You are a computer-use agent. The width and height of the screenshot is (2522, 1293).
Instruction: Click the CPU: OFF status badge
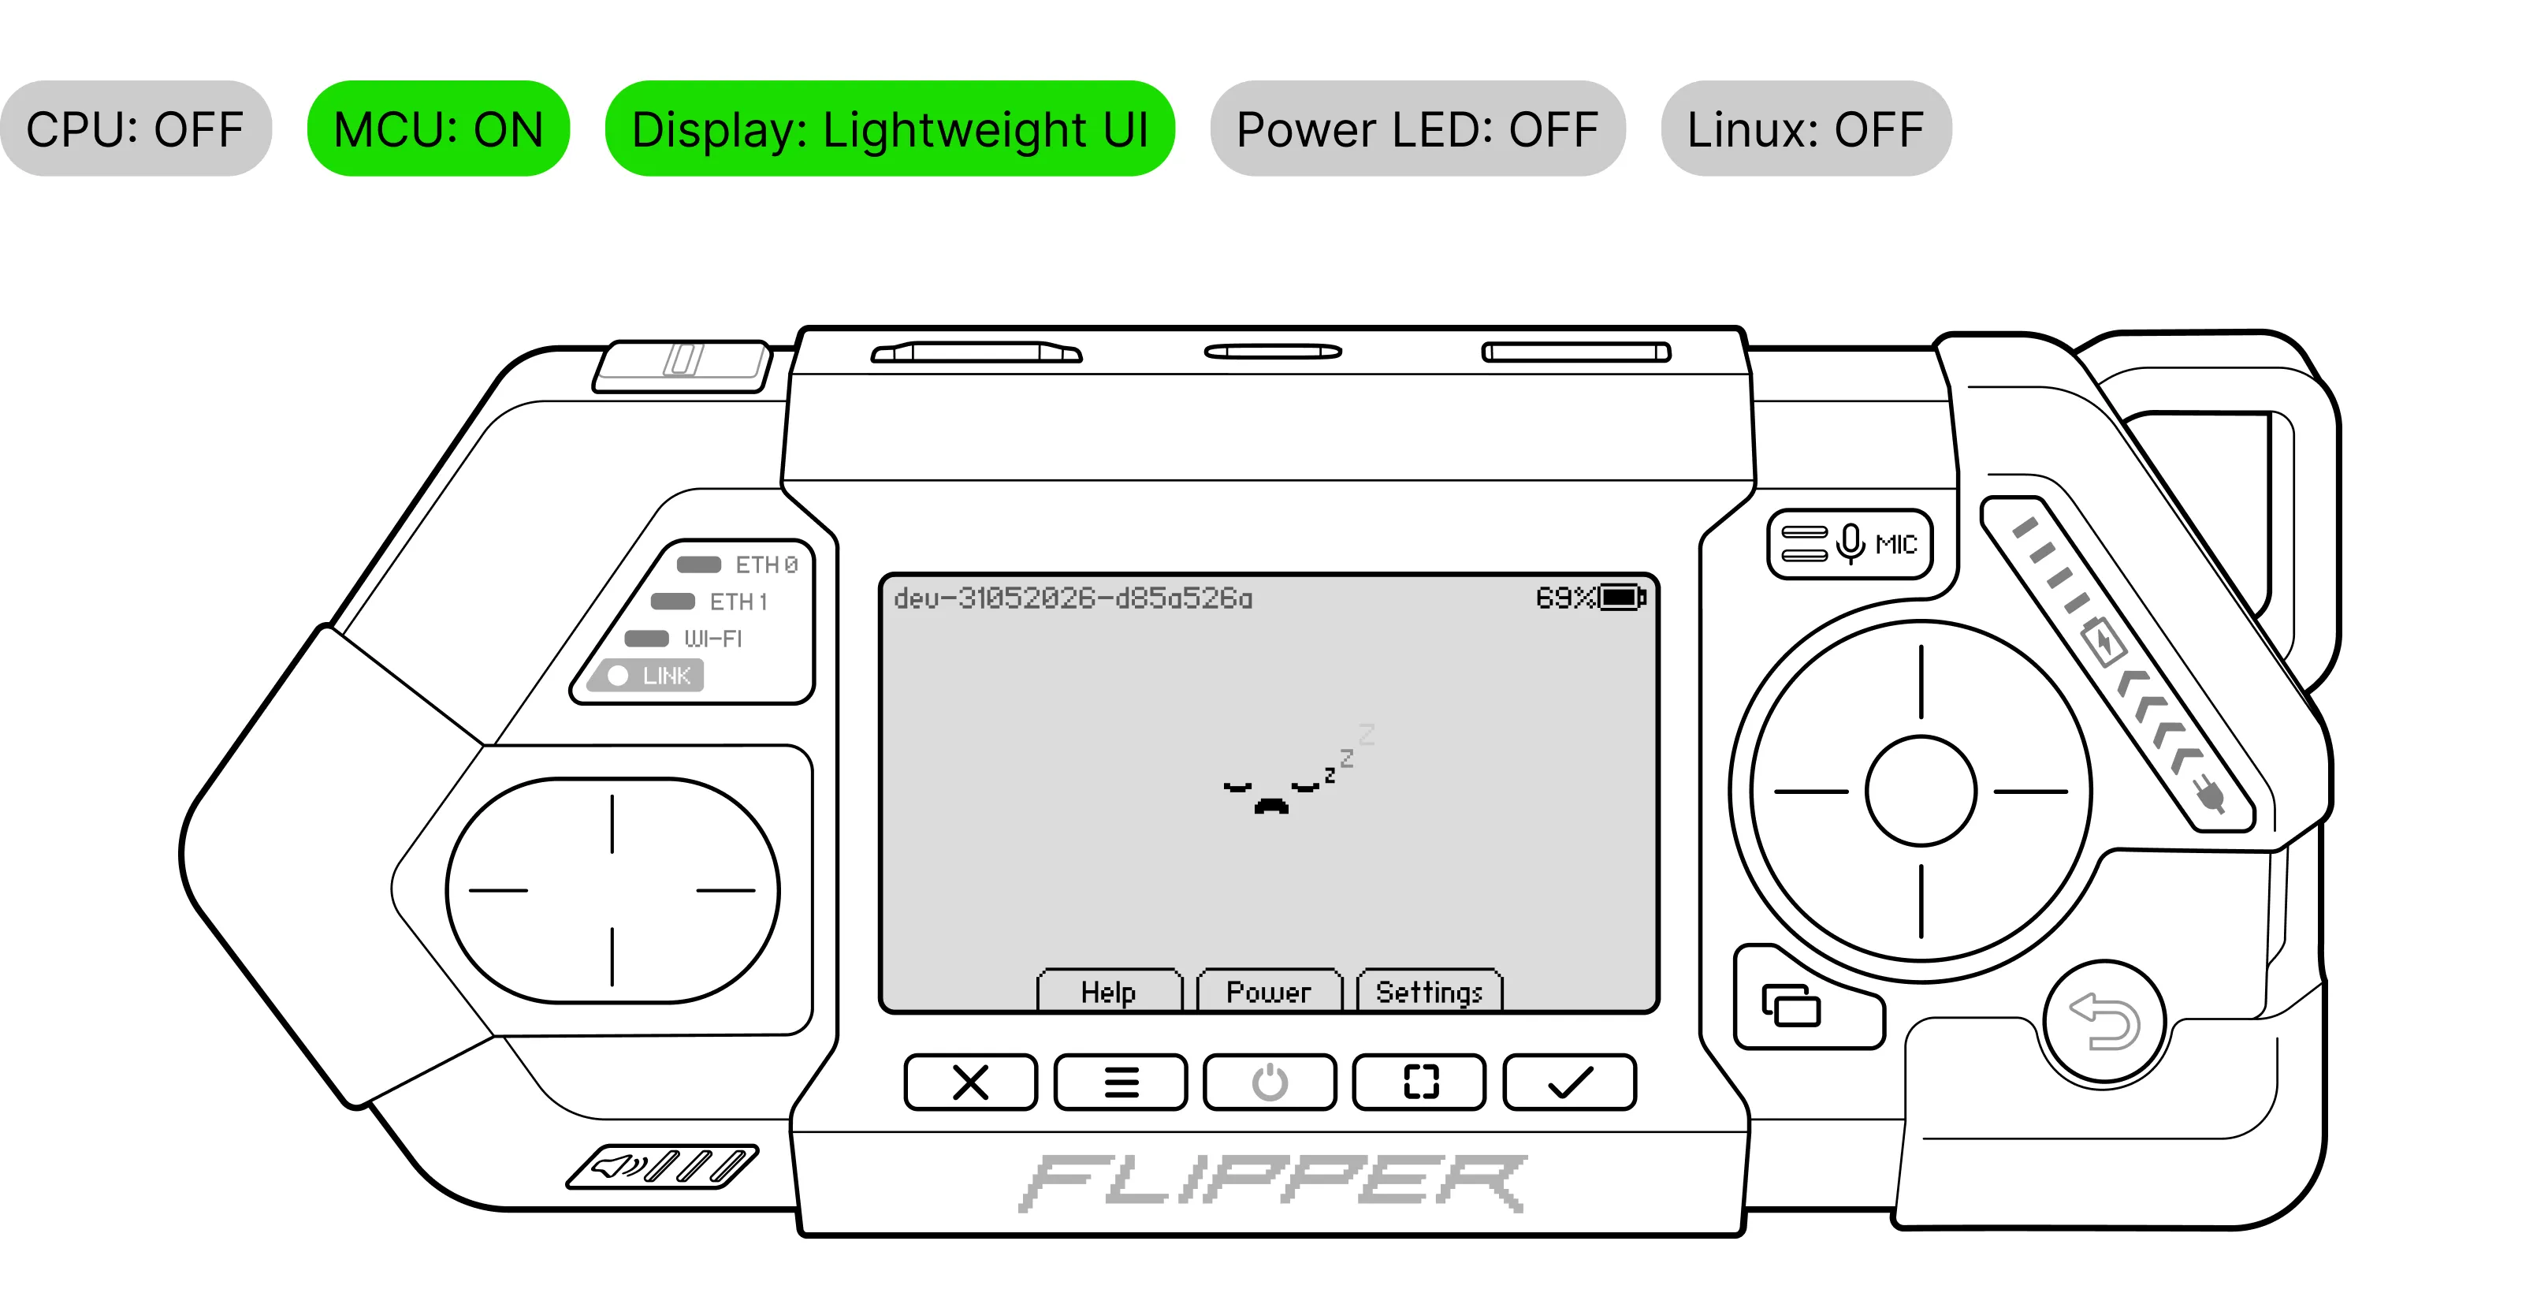click(135, 129)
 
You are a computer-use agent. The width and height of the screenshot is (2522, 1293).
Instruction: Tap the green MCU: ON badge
click(439, 129)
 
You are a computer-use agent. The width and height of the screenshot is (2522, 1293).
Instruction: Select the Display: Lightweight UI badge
click(890, 129)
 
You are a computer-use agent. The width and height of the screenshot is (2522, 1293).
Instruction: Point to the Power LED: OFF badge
click(1418, 129)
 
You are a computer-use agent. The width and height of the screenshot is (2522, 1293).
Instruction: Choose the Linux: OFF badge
click(1806, 129)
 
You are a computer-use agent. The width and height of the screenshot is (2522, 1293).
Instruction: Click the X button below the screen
click(970, 1082)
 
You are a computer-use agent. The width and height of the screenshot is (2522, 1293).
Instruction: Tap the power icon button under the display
click(1270, 1082)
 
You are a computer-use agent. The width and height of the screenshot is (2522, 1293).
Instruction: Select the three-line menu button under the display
click(1121, 1082)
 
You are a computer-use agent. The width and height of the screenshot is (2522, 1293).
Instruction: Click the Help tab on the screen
click(1109, 991)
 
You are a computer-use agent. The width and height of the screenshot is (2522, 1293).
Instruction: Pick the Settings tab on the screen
click(1430, 991)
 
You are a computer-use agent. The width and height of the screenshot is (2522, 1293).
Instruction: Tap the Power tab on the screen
click(1269, 991)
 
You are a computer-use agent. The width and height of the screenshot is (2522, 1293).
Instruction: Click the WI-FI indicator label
click(712, 639)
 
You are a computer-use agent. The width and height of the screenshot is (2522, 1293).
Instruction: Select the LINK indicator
click(646, 676)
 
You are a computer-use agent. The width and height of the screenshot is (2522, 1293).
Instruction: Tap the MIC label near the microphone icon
click(1896, 545)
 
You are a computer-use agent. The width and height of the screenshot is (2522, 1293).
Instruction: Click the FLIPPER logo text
click(1272, 1183)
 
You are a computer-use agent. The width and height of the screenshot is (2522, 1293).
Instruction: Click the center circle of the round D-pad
click(1921, 791)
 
